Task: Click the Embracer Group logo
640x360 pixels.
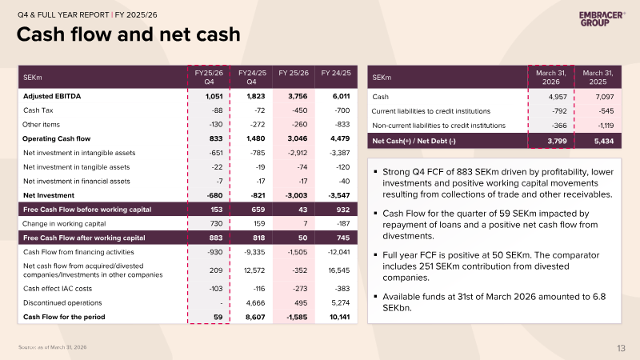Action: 602,18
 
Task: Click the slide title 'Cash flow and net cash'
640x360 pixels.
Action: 128,34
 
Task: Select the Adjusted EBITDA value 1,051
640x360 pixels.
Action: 214,96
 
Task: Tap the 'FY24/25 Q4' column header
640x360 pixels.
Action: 252,77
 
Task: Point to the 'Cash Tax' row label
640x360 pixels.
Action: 38,110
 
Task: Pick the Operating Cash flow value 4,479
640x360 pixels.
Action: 340,138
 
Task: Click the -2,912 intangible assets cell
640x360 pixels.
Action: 297,153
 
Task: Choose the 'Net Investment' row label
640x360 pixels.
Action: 49,195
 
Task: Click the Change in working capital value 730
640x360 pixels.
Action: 216,224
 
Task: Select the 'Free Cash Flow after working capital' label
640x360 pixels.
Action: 84,238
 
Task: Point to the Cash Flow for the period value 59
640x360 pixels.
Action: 218,317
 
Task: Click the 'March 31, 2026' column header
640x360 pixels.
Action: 551,77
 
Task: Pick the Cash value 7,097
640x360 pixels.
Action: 605,97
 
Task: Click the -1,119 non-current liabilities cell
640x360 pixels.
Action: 606,126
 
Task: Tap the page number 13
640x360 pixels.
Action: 621,348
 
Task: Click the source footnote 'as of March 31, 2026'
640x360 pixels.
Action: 62,347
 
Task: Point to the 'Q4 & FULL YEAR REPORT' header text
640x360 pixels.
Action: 63,15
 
